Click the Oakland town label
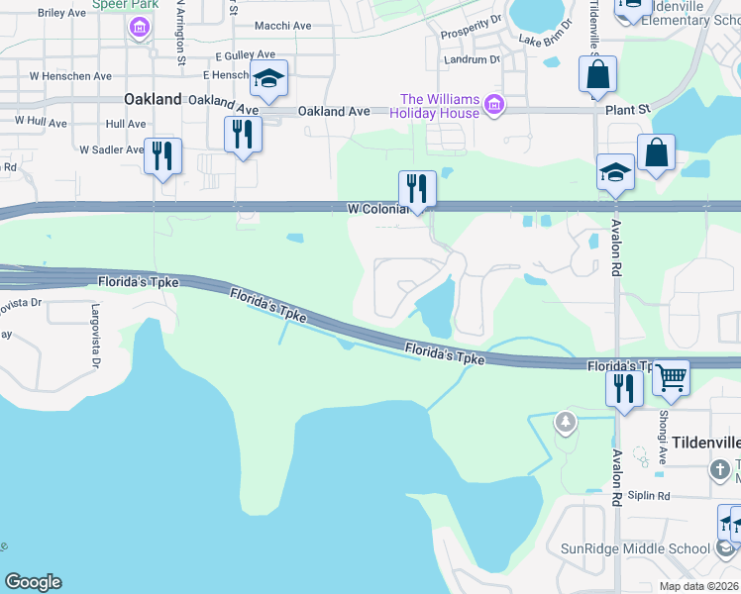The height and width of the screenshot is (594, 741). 154,99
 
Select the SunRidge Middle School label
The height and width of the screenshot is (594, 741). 636,548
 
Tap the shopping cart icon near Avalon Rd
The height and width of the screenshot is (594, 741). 671,377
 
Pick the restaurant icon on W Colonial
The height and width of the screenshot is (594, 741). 417,188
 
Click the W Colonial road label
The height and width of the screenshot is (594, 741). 376,209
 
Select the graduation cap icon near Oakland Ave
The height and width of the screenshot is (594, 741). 268,79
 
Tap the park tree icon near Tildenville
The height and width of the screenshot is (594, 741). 566,423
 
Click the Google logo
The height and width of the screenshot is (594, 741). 33,582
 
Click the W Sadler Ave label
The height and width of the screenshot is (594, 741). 112,149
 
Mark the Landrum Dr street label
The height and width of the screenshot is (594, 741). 474,59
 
